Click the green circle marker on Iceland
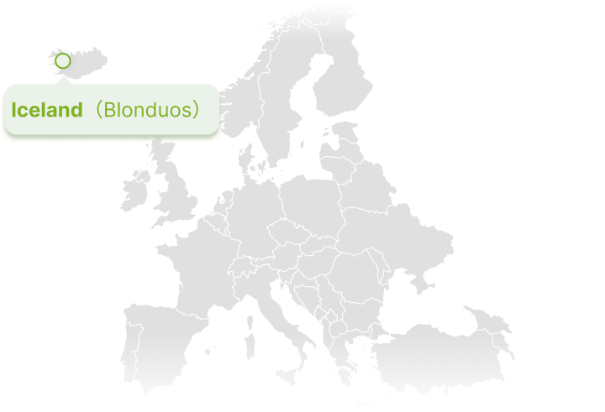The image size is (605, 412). point(62,61)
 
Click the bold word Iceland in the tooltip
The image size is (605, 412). point(47,110)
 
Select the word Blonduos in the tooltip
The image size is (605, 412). point(146,110)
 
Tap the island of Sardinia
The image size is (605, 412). point(248,345)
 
